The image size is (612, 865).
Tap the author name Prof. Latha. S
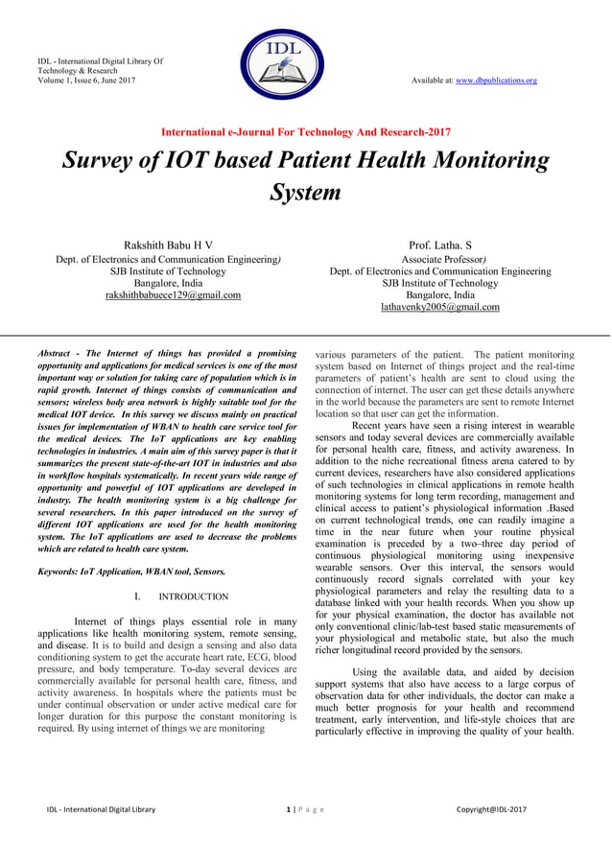(x=440, y=246)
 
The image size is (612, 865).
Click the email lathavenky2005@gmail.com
(x=440, y=308)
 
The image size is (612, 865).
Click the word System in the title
(x=305, y=192)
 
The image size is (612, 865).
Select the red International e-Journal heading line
(x=305, y=131)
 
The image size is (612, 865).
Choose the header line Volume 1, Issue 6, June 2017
(x=86, y=81)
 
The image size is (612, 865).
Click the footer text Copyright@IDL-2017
(x=491, y=810)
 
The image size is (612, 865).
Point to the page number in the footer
(x=289, y=810)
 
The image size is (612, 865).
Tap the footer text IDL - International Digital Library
(x=101, y=810)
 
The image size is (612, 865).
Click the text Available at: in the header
(x=435, y=81)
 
